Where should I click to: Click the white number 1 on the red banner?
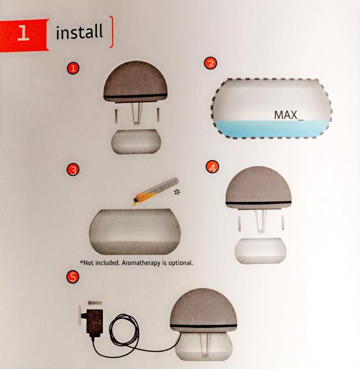point(23,33)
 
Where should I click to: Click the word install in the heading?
point(80,32)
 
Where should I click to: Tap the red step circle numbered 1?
point(73,68)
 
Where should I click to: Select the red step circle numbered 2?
point(211,63)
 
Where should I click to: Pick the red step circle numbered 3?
point(73,170)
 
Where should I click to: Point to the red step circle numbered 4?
point(212,167)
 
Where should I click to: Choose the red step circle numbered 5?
point(73,276)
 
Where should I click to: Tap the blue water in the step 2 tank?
point(271,129)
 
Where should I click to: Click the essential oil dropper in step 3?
point(155,191)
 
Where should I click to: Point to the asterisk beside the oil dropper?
point(177,192)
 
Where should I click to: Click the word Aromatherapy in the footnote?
point(141,263)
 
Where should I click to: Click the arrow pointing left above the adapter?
point(95,302)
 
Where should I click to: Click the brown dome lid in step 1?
point(136,81)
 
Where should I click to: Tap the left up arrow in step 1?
point(116,116)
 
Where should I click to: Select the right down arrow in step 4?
point(283,222)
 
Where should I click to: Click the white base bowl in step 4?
point(260,251)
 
